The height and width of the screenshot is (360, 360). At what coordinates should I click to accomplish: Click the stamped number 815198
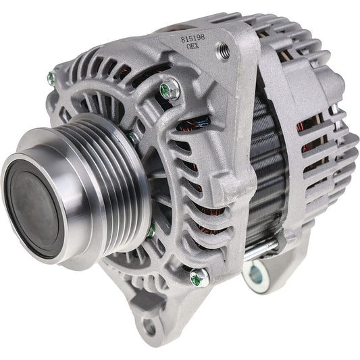(x=193, y=39)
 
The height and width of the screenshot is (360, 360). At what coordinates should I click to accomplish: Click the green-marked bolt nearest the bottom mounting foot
(x=199, y=276)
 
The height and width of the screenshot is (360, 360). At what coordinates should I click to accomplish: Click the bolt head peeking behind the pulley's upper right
(x=134, y=137)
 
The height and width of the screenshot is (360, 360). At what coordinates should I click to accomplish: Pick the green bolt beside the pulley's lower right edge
(x=151, y=231)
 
